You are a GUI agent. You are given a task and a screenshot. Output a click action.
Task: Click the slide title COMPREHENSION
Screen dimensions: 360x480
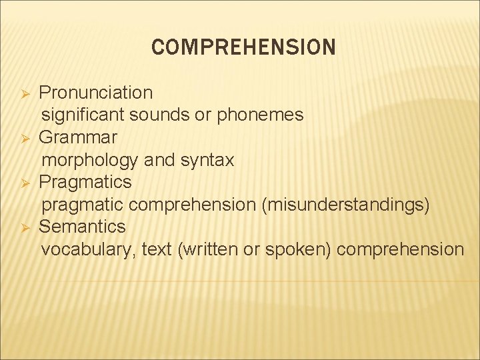(x=243, y=47)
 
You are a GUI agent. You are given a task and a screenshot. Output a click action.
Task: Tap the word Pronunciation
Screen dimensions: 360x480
(x=95, y=92)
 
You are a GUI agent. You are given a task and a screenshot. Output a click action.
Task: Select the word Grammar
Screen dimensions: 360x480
(x=78, y=137)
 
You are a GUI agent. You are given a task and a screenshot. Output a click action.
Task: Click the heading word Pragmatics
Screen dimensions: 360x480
(x=85, y=182)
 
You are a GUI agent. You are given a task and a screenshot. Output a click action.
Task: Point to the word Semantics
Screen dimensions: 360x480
(x=82, y=227)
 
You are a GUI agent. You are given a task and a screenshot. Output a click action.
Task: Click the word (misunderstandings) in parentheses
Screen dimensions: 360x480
(x=346, y=205)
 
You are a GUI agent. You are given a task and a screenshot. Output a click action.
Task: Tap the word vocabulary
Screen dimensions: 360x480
(x=87, y=249)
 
